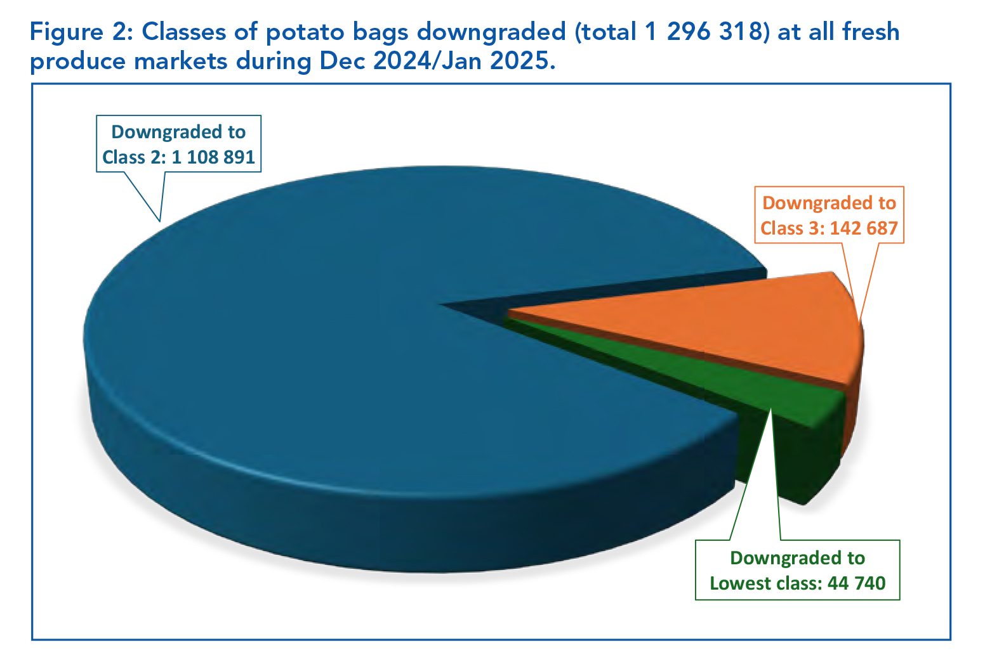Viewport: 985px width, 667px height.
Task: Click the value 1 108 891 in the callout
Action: (213, 157)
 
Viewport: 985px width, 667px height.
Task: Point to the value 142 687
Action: (864, 228)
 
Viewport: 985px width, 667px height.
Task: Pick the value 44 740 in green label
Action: (856, 583)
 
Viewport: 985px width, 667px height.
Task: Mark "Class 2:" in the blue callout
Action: (134, 157)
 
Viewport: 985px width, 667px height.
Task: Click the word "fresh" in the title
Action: (871, 32)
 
